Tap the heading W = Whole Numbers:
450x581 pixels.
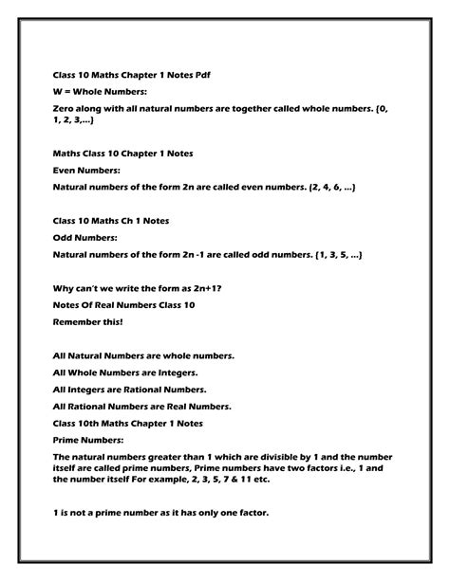click(101, 91)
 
